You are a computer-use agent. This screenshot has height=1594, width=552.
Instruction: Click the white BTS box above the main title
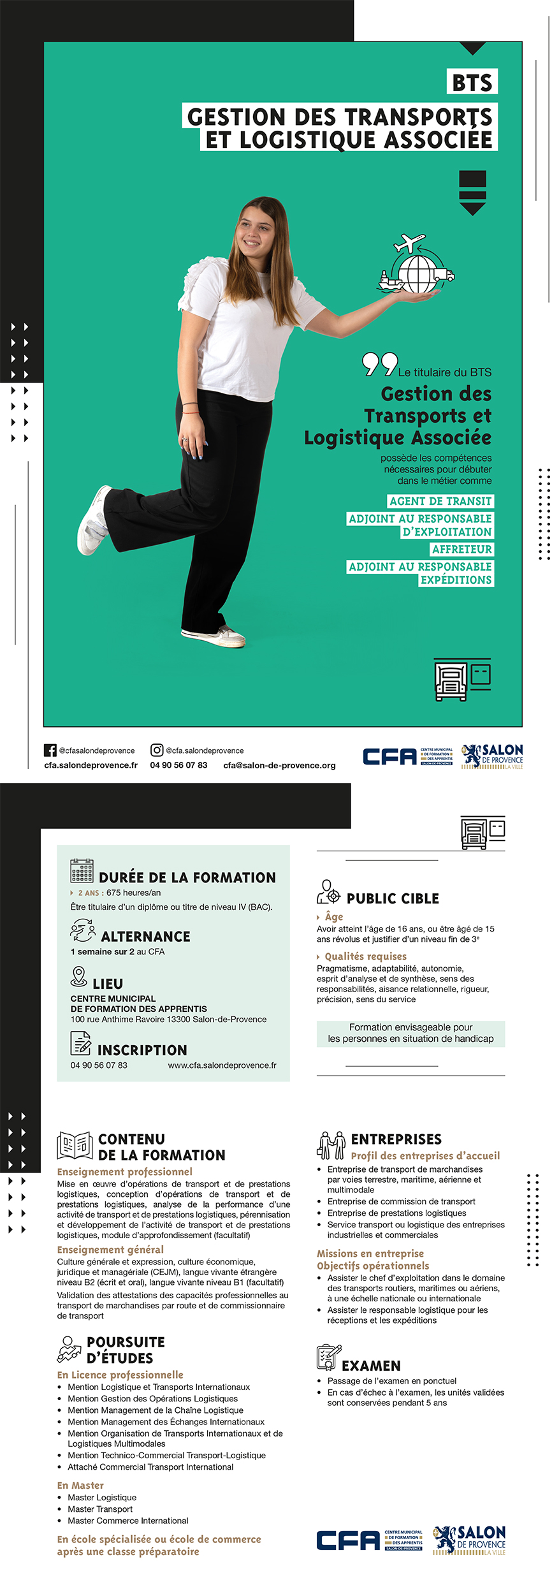tap(472, 82)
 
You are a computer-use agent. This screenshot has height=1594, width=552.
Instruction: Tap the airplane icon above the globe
tap(409, 244)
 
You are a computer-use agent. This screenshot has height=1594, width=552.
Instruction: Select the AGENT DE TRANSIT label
tap(440, 501)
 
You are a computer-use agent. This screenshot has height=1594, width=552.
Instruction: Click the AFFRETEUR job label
tap(461, 549)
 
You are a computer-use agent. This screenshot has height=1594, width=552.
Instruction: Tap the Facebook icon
tap(50, 750)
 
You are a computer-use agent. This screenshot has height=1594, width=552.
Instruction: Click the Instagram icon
tap(157, 750)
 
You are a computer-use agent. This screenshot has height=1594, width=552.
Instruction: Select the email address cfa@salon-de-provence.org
tap(279, 765)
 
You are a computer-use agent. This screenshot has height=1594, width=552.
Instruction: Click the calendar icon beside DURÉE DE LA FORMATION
tap(82, 870)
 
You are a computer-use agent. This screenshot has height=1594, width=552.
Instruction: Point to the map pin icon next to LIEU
tap(79, 976)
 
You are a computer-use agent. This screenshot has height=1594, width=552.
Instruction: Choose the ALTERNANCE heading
tap(145, 937)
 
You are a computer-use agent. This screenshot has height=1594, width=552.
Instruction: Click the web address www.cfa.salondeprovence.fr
tap(222, 1065)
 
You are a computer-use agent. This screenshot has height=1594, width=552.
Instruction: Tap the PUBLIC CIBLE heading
tap(393, 898)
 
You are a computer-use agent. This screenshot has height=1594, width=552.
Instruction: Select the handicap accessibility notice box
tap(410, 1033)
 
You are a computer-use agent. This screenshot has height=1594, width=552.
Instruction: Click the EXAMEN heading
tap(371, 1366)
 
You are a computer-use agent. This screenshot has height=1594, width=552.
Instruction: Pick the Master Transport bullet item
tap(100, 1509)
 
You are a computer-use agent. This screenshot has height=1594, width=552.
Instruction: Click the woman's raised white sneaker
tap(93, 520)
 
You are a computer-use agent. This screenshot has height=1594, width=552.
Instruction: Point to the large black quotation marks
tap(380, 364)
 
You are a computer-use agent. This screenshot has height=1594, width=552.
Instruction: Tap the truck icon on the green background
tap(451, 680)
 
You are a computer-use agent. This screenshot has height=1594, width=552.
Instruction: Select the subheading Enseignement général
tap(110, 1250)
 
